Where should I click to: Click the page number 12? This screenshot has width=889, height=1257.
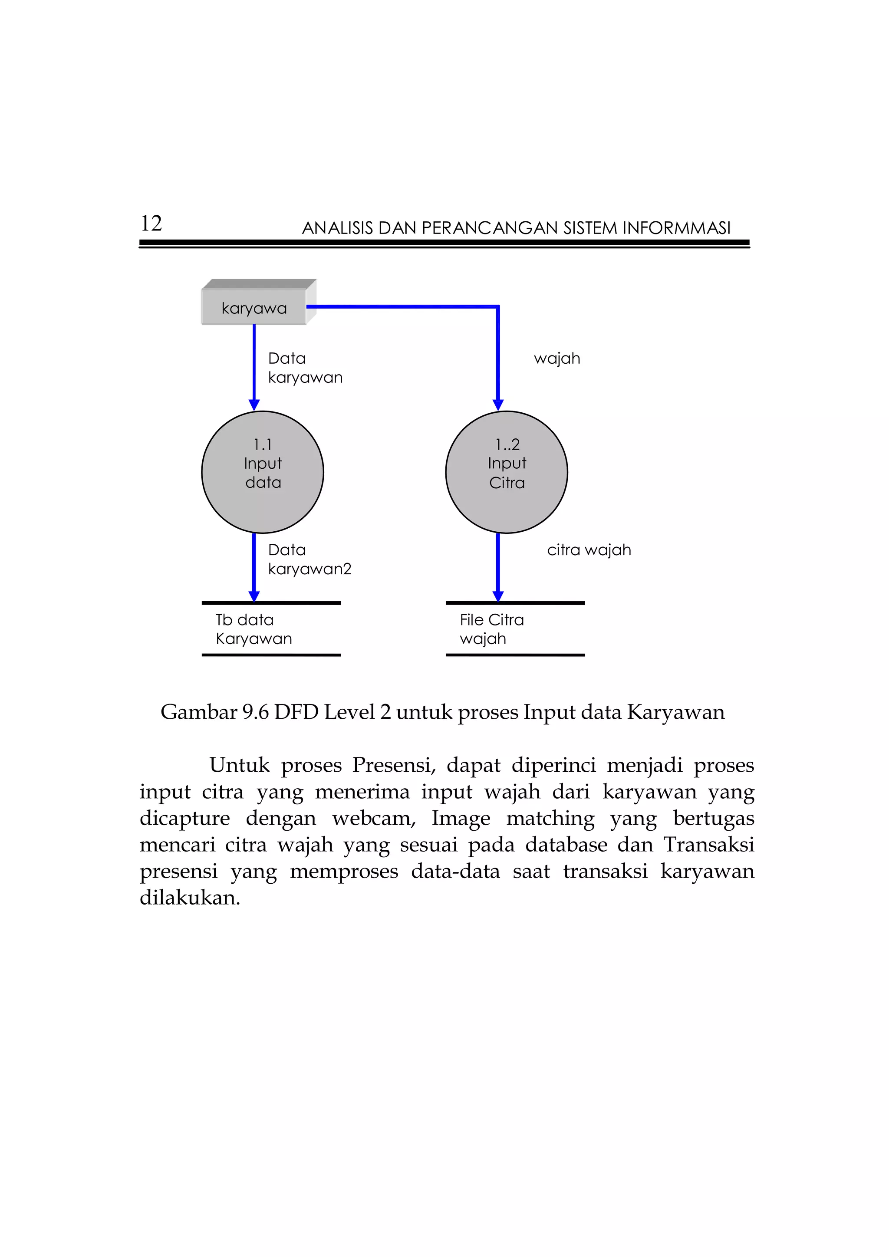coord(151,224)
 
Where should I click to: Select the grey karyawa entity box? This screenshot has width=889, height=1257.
coord(254,308)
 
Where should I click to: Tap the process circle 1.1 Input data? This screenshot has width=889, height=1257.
coord(263,472)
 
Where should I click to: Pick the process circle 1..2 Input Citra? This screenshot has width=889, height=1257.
coord(507,472)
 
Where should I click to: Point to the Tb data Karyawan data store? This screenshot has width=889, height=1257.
coord(271,629)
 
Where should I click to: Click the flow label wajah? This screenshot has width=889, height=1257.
coord(557,359)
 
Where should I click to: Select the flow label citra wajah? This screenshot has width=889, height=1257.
coord(589,550)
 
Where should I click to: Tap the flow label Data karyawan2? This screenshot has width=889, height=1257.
coord(310,559)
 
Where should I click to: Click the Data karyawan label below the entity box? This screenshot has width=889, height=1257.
coord(305,368)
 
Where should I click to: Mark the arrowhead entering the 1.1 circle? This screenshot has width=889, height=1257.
coord(254,405)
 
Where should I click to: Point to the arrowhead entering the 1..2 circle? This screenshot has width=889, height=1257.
coord(497,405)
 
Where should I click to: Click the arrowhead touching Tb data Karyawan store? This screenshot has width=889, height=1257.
coord(254,596)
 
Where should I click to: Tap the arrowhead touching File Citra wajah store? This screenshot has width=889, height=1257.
coord(497,596)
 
